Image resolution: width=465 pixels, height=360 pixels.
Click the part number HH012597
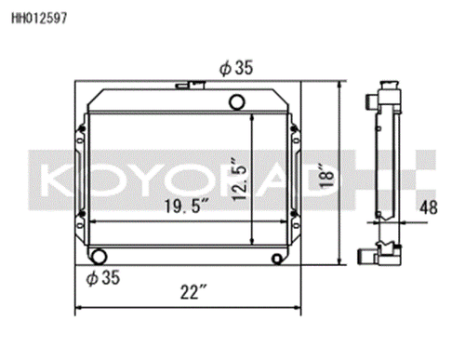coord(37,16)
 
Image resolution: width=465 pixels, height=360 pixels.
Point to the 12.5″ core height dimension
coord(239,172)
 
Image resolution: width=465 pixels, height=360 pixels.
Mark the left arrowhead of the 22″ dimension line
coord(78,308)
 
